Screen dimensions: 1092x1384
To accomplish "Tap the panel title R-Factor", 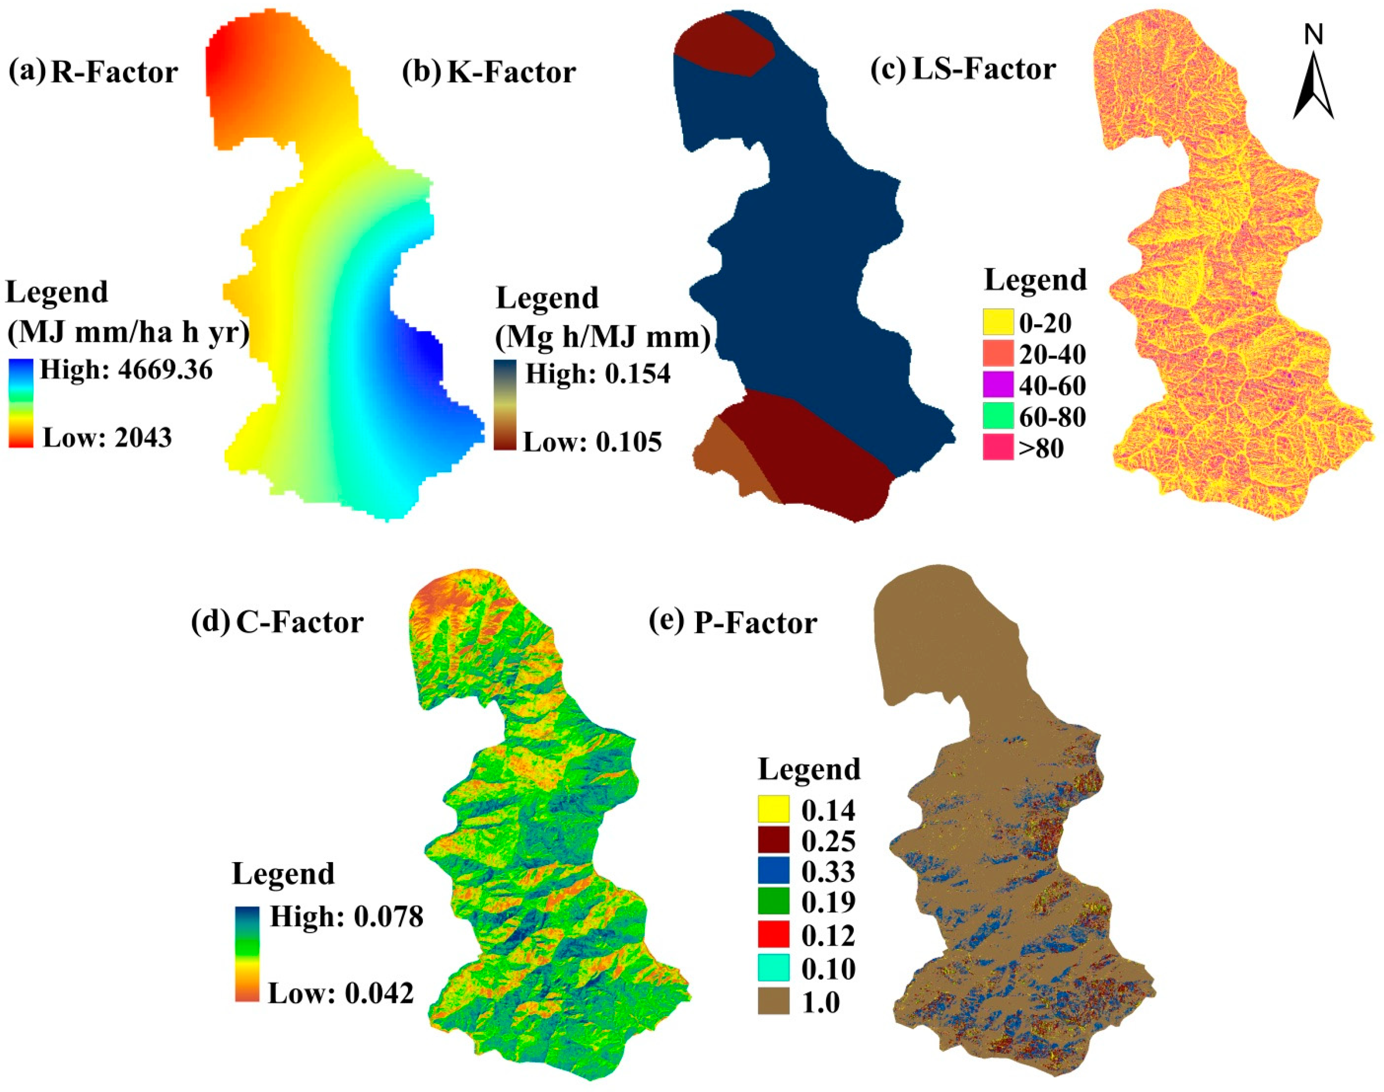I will (x=114, y=72).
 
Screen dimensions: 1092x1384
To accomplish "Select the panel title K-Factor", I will (x=511, y=72).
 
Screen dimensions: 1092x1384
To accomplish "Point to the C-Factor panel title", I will (x=300, y=622).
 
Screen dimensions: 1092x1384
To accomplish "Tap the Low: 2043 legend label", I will (x=107, y=438).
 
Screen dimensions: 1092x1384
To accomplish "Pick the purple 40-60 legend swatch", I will (x=998, y=385).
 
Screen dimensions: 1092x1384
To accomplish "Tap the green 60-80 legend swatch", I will (x=998, y=416).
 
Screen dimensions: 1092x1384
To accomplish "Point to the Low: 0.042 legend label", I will (x=341, y=993).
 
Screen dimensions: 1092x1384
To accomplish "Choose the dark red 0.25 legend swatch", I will (x=774, y=841).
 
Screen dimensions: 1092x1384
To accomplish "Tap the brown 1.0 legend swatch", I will (x=774, y=1002).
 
